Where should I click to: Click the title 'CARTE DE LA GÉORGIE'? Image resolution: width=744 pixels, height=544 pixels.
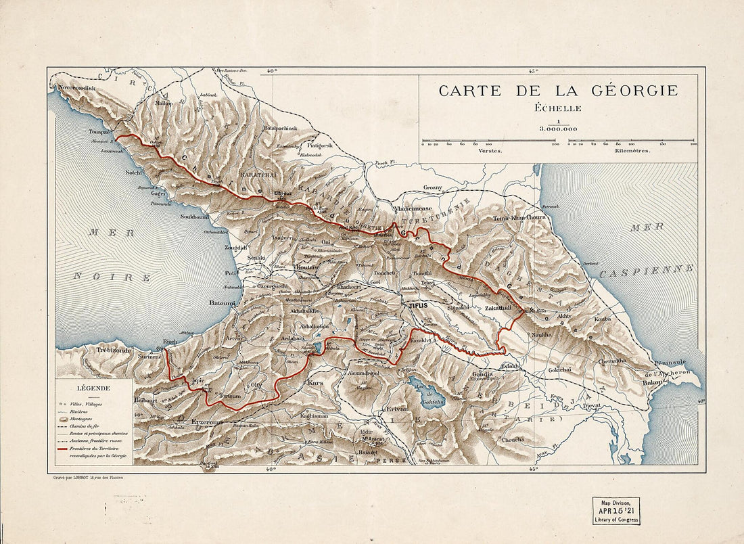pos(558,91)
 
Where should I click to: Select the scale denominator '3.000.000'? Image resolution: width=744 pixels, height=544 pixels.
pos(558,128)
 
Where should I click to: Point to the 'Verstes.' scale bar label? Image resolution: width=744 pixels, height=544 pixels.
pos(490,151)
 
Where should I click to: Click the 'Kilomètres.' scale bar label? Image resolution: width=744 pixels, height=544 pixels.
pos(632,151)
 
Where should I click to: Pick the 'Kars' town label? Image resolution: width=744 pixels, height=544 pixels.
pos(315,383)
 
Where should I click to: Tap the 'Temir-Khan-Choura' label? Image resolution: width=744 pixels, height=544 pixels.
pos(519,218)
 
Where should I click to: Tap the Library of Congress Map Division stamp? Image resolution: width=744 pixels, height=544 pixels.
pos(615,511)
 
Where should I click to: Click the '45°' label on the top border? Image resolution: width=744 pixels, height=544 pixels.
pos(533,70)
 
